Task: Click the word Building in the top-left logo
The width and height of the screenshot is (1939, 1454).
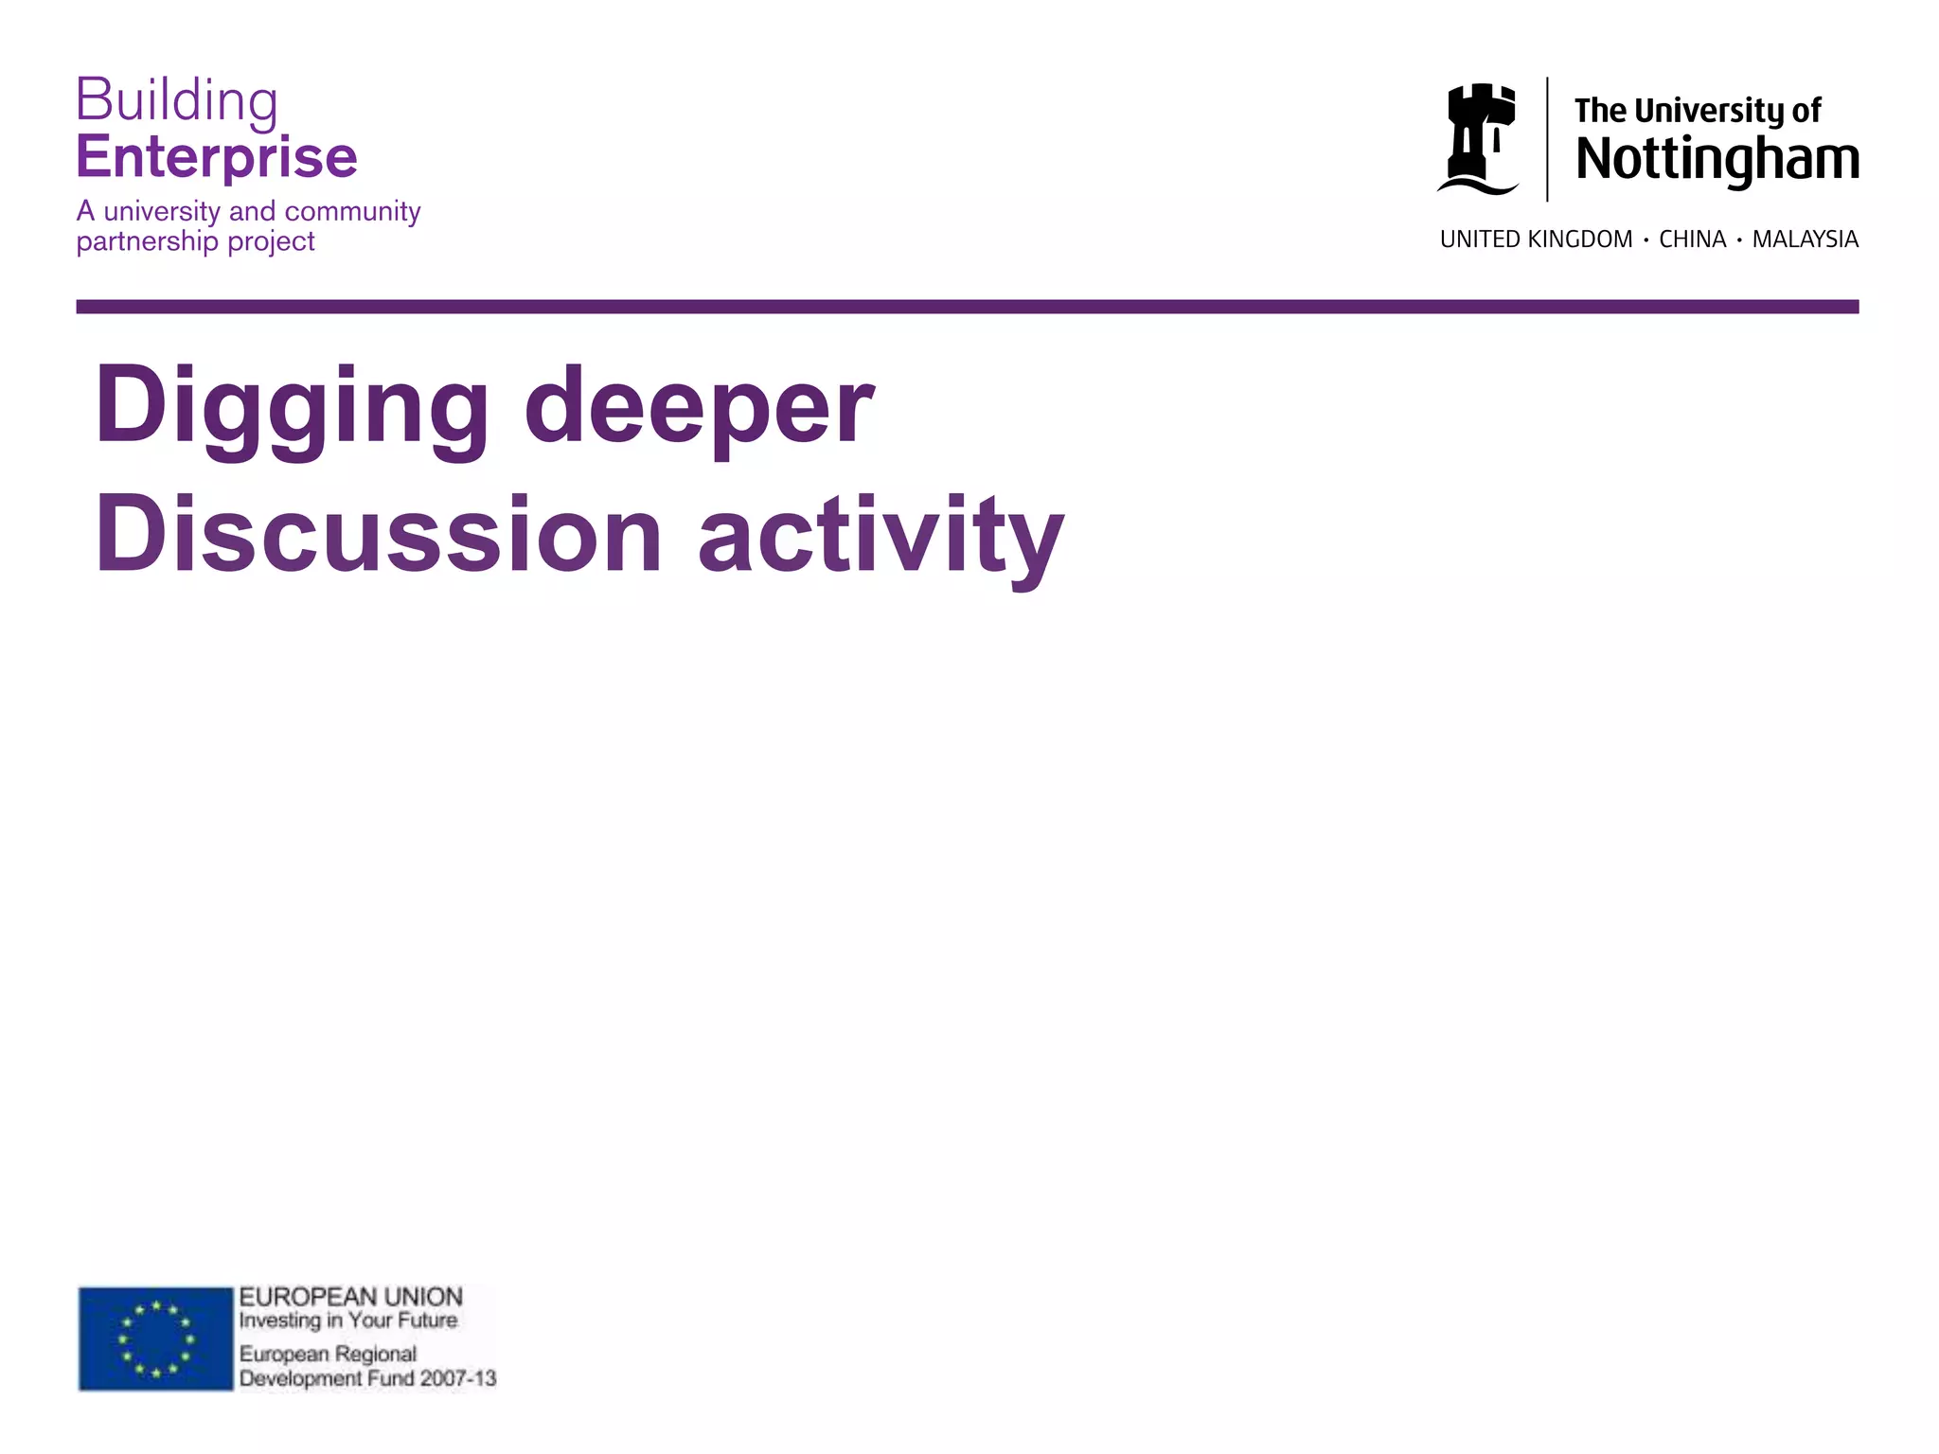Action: (x=176, y=99)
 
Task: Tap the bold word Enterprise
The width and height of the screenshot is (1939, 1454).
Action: (x=217, y=157)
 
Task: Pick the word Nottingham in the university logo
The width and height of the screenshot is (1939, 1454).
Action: (x=1717, y=158)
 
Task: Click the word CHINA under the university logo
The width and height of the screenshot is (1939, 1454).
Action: (x=1693, y=239)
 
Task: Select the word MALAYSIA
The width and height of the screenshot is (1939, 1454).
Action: (x=1805, y=239)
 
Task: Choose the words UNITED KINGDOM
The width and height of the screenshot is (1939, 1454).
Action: (x=1536, y=239)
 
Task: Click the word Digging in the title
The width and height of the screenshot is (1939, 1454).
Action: (x=292, y=407)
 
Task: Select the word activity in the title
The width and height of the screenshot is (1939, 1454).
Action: (x=881, y=537)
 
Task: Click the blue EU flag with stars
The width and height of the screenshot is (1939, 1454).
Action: (x=155, y=1339)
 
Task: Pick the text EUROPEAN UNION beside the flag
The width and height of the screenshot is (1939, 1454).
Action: (x=350, y=1297)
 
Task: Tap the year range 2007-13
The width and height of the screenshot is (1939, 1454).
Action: (x=458, y=1378)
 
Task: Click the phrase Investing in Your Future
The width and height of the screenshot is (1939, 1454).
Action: (x=347, y=1321)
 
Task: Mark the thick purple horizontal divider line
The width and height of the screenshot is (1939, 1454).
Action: (x=967, y=307)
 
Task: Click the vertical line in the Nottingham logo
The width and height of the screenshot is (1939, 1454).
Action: (x=1547, y=139)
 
